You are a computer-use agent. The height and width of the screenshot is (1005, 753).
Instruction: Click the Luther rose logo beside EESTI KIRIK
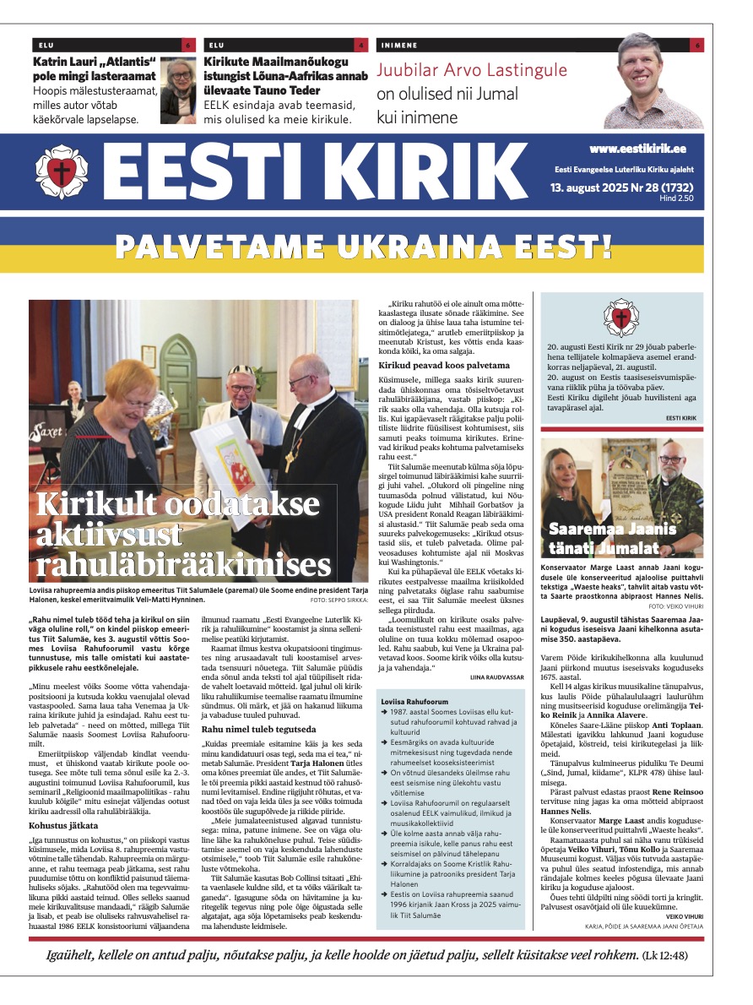[x=62, y=171]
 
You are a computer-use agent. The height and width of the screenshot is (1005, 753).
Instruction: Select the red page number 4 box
[x=361, y=45]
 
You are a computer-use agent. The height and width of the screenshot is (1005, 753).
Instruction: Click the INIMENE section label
[x=398, y=45]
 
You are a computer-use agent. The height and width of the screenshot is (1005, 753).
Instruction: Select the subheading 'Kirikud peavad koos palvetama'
[x=444, y=365]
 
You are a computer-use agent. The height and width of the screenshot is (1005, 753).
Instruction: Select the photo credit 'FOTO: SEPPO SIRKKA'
[x=337, y=600]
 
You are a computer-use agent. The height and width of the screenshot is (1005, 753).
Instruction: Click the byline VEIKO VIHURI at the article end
[x=683, y=915]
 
